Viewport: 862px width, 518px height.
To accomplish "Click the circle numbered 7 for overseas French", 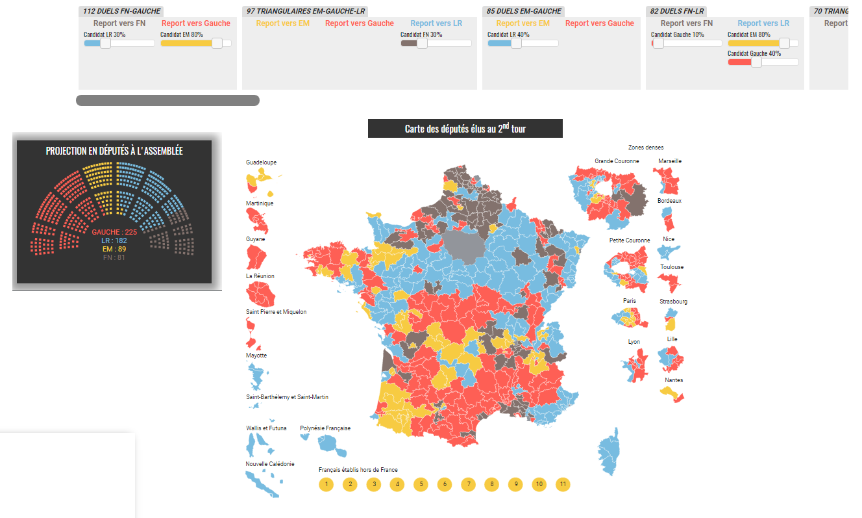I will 468,484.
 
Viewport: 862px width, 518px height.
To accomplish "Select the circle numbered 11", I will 563,484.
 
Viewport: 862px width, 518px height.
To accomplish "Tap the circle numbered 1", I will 326,484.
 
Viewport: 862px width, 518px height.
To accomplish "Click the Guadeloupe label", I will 261,162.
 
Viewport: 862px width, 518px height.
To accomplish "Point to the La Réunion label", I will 260,276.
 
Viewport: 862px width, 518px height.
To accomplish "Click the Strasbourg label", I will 673,302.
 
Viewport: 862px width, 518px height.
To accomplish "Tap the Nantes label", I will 673,380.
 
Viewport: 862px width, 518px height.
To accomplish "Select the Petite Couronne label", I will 629,240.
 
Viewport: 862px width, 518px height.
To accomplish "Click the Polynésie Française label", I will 325,428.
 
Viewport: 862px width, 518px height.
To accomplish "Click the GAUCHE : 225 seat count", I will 114,232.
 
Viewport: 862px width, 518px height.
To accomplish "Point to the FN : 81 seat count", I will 114,257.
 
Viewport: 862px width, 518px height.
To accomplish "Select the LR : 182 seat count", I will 114,240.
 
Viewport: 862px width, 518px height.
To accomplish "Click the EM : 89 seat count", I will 114,249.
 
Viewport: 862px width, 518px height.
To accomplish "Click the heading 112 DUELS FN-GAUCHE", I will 121,11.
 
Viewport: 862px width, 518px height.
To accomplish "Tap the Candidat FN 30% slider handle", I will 422,44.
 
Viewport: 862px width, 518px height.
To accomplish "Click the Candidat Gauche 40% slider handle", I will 756,62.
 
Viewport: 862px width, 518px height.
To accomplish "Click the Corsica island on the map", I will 609,452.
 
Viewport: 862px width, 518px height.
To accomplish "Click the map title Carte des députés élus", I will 465,129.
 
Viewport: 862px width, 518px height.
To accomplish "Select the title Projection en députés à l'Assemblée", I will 114,151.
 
